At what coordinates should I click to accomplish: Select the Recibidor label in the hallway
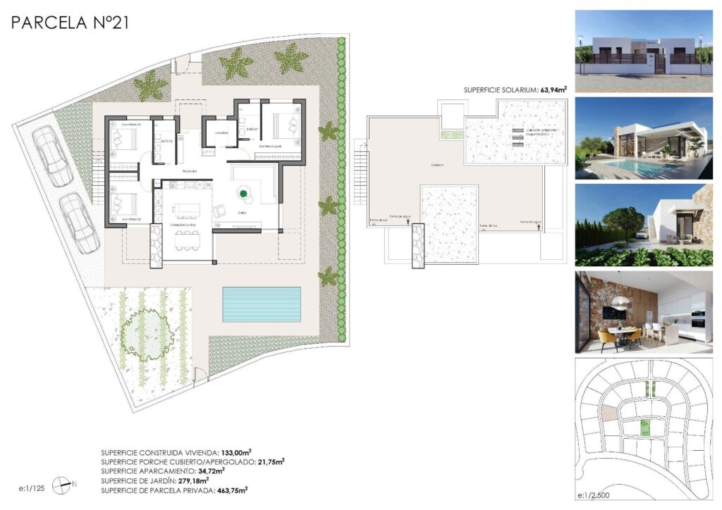[189, 171]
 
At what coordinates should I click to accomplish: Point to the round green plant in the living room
[244, 192]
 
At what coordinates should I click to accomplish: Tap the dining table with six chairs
[187, 240]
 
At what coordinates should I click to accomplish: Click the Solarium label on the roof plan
[438, 165]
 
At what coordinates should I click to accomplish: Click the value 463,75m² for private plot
[233, 490]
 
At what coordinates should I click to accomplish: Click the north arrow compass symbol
[63, 484]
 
